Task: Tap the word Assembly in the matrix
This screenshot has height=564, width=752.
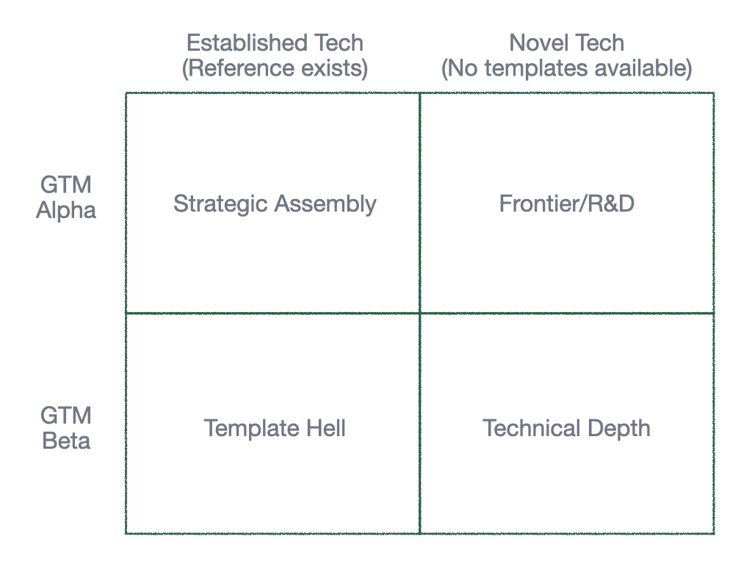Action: coord(325,203)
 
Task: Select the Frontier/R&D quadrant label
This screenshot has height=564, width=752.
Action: coord(566,203)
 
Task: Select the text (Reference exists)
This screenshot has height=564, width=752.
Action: coord(275,68)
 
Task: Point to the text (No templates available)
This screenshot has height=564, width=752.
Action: coord(566,68)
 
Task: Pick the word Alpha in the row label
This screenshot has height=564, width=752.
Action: coord(66,211)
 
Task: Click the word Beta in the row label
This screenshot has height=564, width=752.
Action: coord(66,441)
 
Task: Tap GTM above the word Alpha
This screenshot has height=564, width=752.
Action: coord(66,185)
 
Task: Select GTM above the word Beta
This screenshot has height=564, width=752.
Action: coord(66,416)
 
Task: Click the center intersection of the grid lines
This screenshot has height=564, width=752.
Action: coord(419,314)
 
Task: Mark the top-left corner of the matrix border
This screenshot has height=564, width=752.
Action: coord(126,93)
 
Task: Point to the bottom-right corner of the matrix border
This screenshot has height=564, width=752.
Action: coord(713,533)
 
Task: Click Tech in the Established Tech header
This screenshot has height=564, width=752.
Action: coord(339,43)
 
